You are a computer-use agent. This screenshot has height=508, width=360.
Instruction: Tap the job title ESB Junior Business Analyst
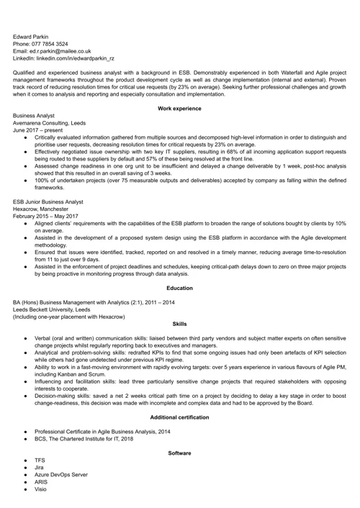point(48,202)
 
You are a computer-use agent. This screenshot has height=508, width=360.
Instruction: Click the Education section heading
point(179,289)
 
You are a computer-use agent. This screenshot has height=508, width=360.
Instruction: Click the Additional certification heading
point(179,417)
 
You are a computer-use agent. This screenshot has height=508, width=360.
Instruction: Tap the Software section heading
point(179,453)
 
